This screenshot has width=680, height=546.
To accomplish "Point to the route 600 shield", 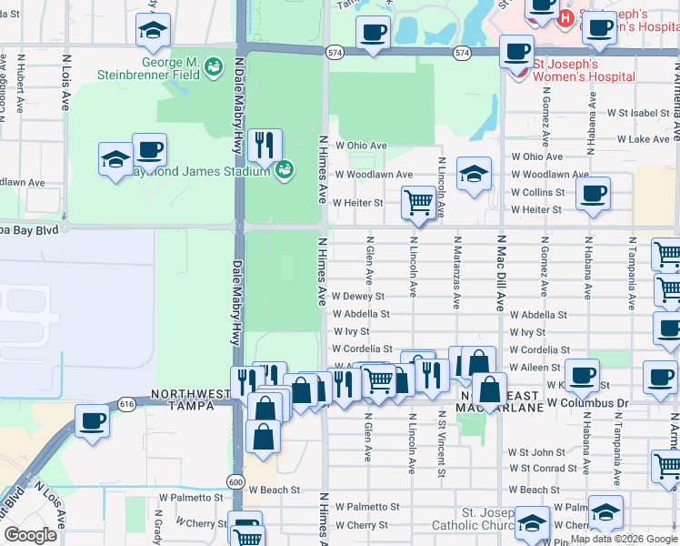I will coord(235,481).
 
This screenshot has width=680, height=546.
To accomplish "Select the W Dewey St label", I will coord(358,296).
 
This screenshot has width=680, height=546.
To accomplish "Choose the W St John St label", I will coord(536,452).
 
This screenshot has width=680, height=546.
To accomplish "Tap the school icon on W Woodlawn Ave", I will coord(474,173).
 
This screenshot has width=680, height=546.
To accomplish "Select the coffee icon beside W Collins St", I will coord(593,193).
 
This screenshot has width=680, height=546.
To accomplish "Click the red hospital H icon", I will coord(565,16).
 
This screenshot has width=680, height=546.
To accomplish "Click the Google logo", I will coord(30,535).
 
